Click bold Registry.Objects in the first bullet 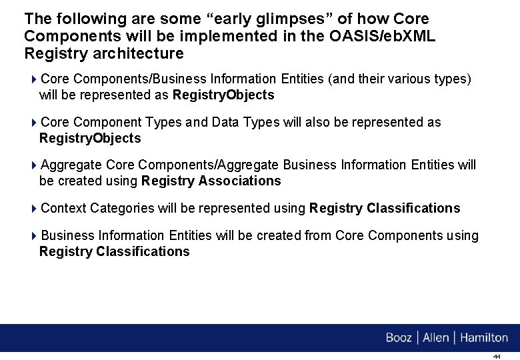(x=223, y=95)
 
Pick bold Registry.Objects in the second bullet (x=90, y=139)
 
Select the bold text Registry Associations (x=211, y=181)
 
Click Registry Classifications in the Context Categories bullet (x=385, y=209)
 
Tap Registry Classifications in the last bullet (x=115, y=252)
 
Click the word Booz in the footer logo (x=399, y=338)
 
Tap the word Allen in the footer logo (x=436, y=338)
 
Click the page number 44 (x=497, y=357)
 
